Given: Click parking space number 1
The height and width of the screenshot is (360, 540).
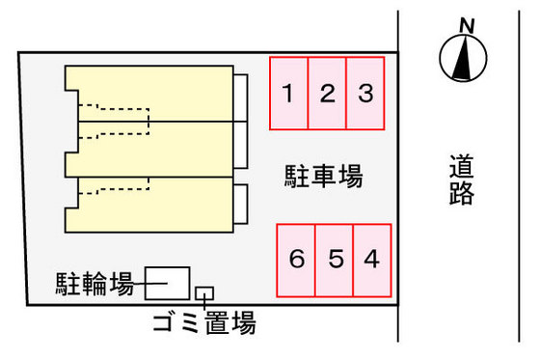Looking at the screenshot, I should pyautogui.click(x=288, y=94).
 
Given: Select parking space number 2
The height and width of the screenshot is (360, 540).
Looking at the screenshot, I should pyautogui.click(x=327, y=94).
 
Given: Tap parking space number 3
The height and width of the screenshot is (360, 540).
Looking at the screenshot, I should pyautogui.click(x=365, y=94).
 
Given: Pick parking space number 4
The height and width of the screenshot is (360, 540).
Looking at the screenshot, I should pyautogui.click(x=372, y=260).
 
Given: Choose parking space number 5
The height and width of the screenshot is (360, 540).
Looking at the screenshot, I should pyautogui.click(x=335, y=260).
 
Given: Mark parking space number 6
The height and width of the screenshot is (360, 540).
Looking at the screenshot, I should pyautogui.click(x=297, y=260).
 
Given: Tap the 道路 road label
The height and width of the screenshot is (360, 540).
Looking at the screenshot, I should pyautogui.click(x=462, y=180).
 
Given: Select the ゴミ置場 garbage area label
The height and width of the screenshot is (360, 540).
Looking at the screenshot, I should pyautogui.click(x=203, y=324).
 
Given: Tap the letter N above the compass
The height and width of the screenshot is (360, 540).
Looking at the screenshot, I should pyautogui.click(x=468, y=26).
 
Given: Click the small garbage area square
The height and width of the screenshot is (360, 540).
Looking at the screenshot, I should pyautogui.click(x=204, y=292).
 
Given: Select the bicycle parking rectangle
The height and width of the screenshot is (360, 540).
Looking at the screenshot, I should pyautogui.click(x=167, y=283).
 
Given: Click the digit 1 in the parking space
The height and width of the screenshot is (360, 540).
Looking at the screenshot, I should pyautogui.click(x=288, y=94).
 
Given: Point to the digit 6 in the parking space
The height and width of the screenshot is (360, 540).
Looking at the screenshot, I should pyautogui.click(x=297, y=260).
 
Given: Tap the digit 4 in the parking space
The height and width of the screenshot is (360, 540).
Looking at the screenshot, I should pyautogui.click(x=372, y=260).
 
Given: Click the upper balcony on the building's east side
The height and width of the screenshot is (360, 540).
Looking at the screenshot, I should pyautogui.click(x=240, y=101).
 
